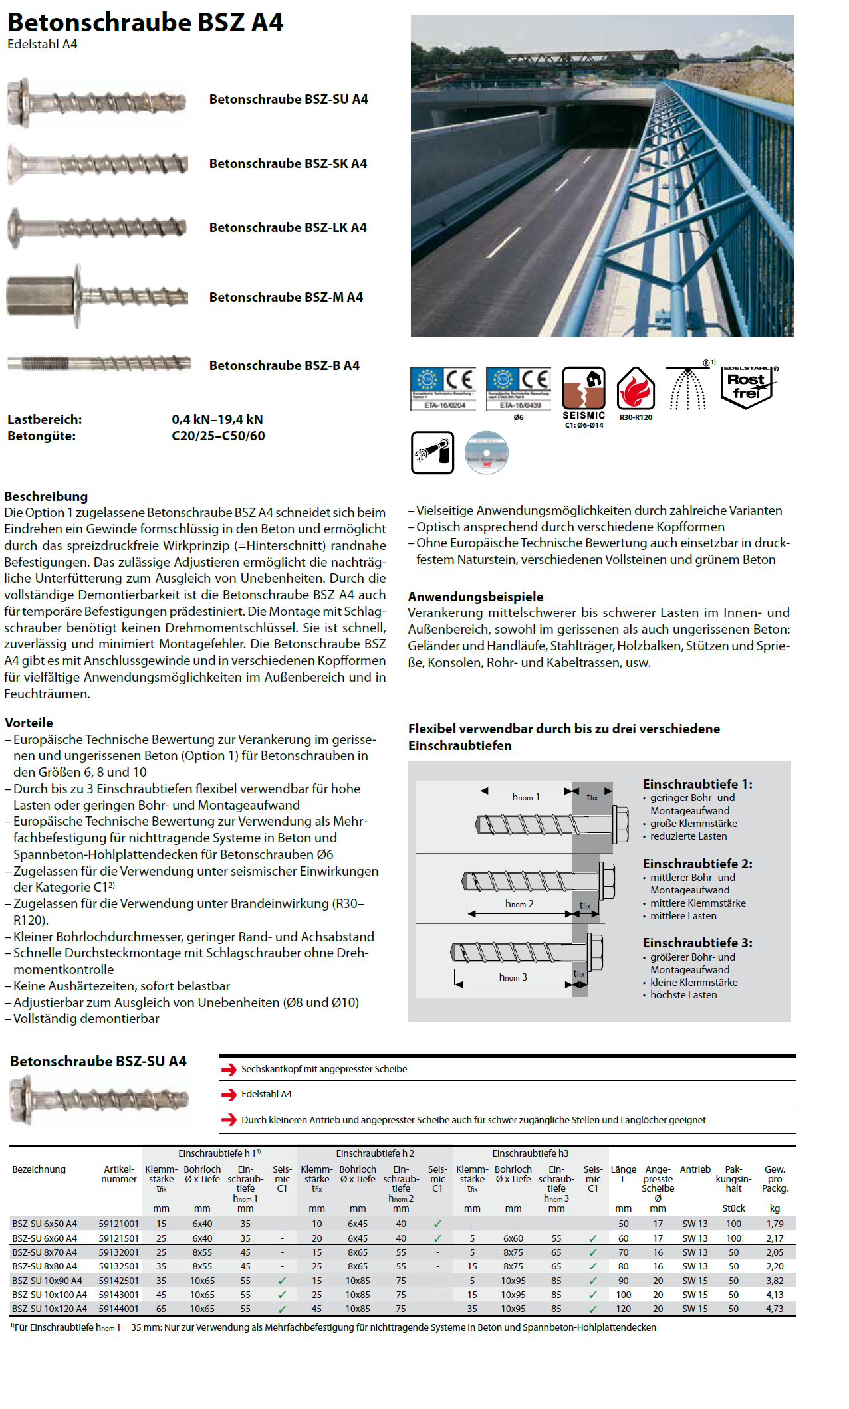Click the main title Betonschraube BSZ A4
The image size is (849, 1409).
145,23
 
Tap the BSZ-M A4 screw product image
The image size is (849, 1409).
97,297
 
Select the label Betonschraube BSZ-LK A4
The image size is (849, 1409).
288,227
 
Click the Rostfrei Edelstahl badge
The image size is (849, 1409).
748,387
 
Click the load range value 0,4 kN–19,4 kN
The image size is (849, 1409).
217,419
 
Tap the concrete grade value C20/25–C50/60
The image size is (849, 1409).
218,436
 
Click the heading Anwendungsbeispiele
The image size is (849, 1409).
475,597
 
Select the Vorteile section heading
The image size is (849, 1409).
29,723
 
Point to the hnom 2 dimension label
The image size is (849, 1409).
519,904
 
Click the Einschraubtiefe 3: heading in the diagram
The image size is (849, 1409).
697,943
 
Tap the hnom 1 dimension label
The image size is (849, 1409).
526,797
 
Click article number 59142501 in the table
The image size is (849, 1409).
119,1281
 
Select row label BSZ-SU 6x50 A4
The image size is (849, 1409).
45,1224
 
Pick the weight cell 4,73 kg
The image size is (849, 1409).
775,1309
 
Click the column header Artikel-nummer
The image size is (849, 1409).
119,1174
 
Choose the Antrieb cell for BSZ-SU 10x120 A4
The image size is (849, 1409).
695,1309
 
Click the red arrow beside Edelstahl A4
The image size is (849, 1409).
229,1095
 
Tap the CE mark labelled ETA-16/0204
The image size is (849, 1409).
443,388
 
